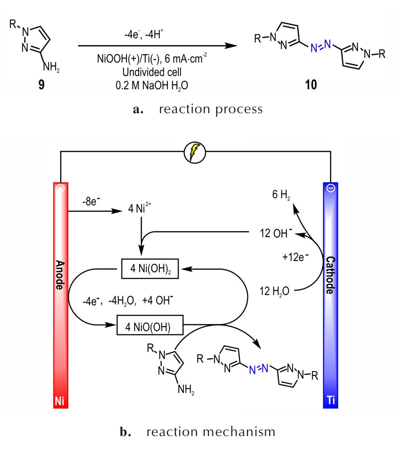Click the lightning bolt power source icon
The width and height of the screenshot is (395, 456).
[x=195, y=152]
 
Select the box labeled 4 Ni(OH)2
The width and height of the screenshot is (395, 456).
[x=150, y=269]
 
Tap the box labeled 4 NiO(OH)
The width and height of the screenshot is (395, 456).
[x=150, y=325]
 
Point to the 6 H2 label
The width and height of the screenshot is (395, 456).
[x=281, y=195]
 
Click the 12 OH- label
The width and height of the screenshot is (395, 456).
[x=276, y=233]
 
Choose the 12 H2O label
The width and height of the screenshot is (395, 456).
[x=274, y=291]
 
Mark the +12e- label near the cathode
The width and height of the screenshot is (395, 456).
[x=295, y=257]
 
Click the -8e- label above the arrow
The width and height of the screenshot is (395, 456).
[x=91, y=201]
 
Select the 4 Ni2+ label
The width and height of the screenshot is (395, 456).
[x=139, y=208]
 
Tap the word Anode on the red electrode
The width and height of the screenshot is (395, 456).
[x=60, y=275]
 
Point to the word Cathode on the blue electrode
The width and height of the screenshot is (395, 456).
[x=330, y=275]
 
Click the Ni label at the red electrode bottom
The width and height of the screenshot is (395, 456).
[x=60, y=401]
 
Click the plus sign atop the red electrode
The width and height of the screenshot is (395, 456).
[x=61, y=188]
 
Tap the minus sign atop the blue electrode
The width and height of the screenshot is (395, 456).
[x=331, y=188]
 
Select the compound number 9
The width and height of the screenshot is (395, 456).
[x=41, y=85]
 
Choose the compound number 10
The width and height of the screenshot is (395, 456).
[x=311, y=85]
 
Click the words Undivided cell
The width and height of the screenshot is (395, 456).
[x=152, y=72]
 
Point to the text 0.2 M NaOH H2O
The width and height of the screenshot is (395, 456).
[x=152, y=85]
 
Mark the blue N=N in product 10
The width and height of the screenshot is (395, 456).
[x=321, y=46]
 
